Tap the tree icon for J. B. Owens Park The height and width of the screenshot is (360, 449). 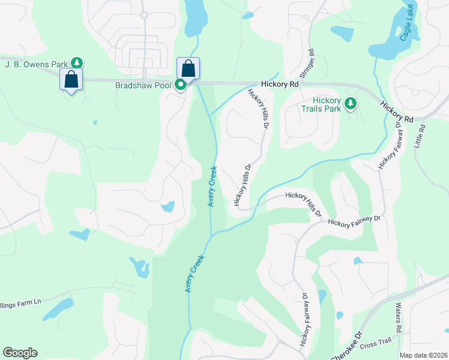tap(76, 62)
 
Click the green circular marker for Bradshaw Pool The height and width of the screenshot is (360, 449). tap(181, 85)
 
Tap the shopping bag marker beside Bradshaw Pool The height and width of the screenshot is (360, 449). tap(188, 69)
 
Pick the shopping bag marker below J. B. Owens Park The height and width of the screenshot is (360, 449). tap(71, 80)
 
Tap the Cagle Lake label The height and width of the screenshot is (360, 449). tap(407, 29)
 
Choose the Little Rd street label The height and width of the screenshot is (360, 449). tap(423, 137)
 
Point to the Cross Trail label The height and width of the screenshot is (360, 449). tap(376, 344)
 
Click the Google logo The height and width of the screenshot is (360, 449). tap(20, 353)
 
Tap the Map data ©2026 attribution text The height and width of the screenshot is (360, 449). tap(424, 355)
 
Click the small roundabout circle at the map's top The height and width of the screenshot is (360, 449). tap(144, 15)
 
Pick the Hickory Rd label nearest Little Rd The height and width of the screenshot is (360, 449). tap(396, 112)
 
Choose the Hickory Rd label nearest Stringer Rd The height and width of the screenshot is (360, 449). tap(280, 85)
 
